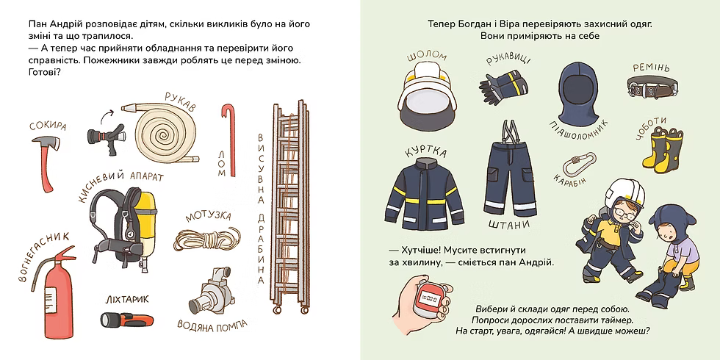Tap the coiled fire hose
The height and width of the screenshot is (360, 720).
tap(163, 133)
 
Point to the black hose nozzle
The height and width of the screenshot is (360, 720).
tap(106, 138)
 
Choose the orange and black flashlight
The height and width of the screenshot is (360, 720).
tap(126, 320)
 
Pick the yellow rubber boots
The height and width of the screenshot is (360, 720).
tap(663, 148)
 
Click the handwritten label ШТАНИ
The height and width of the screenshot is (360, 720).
tap(509, 226)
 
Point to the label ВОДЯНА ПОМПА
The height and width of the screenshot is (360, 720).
tap(212, 325)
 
